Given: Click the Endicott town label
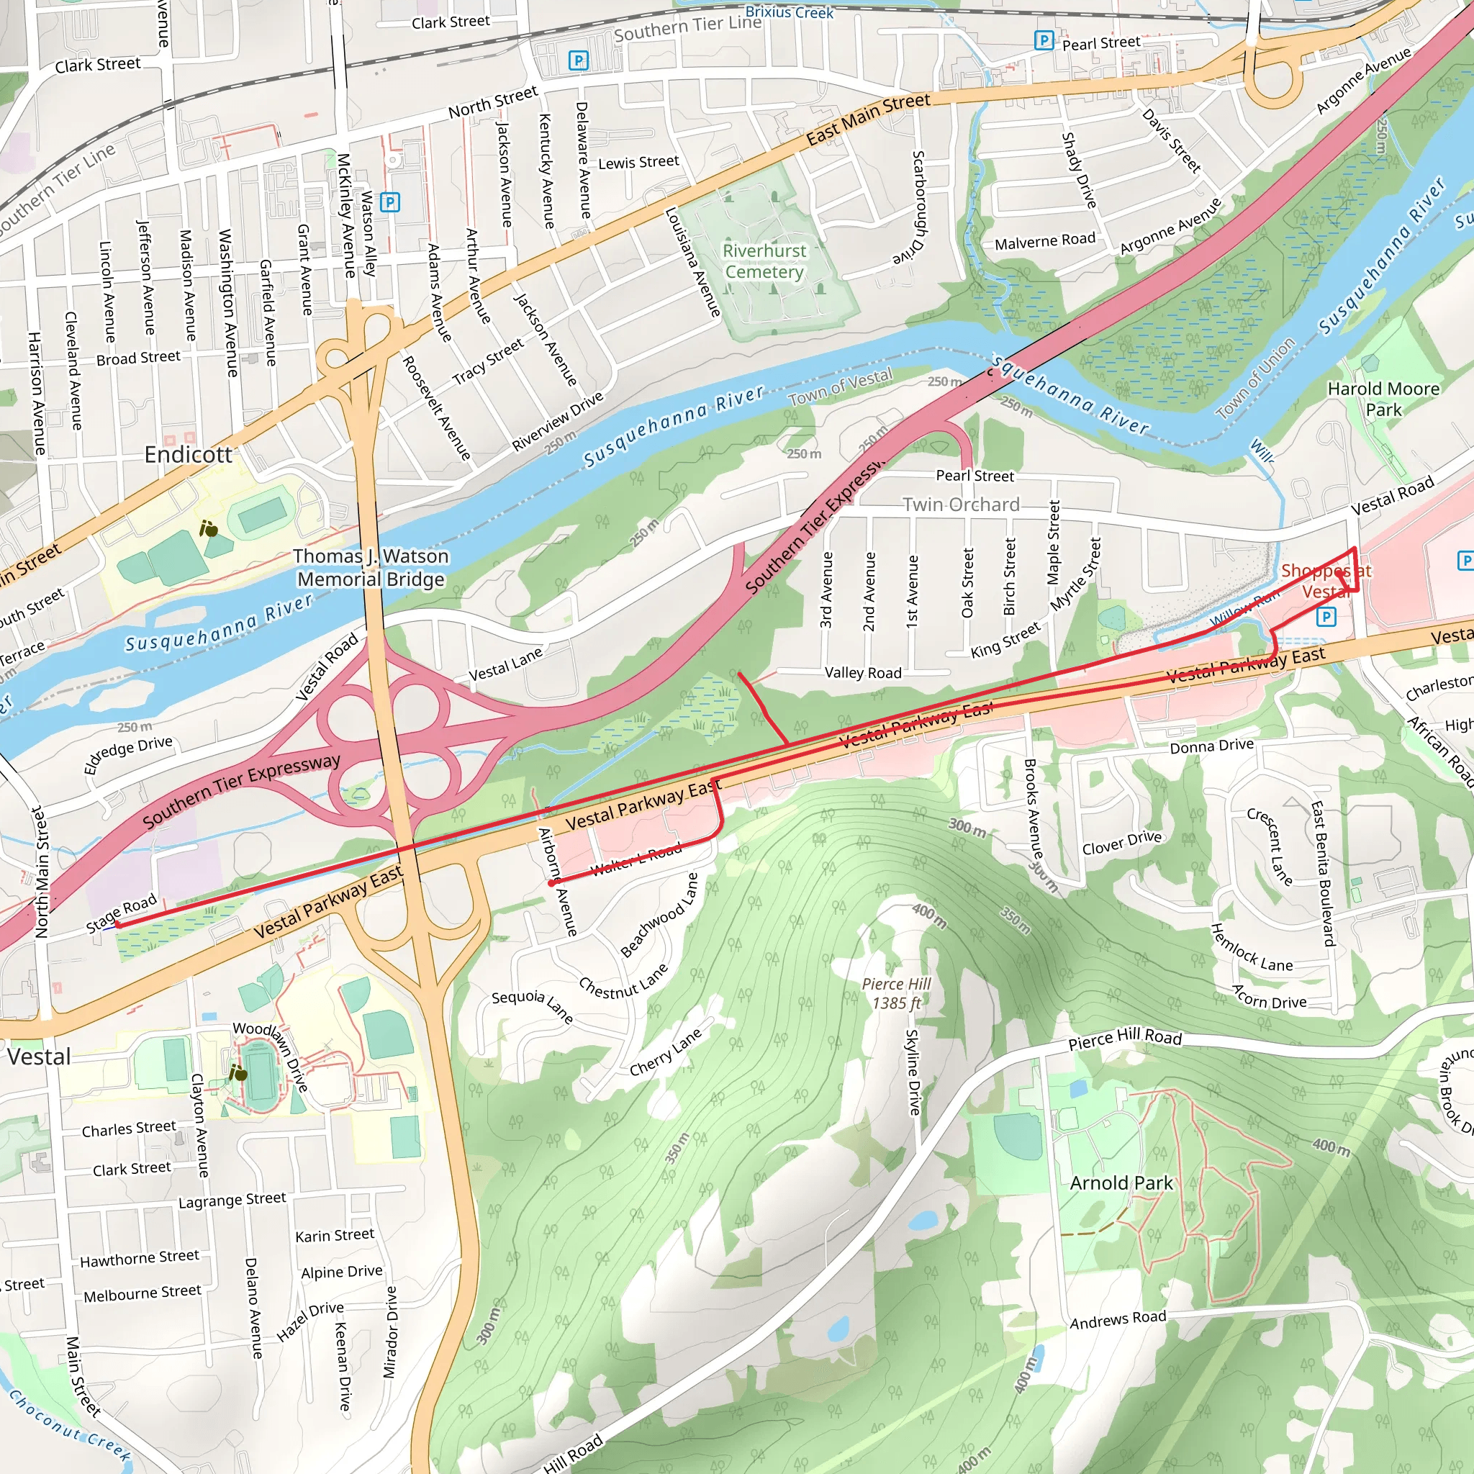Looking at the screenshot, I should (x=188, y=455).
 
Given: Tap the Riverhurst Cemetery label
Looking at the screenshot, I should (x=764, y=261).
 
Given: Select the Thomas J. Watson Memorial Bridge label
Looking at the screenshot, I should (x=371, y=568).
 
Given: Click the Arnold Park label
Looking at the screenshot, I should (x=1121, y=1183).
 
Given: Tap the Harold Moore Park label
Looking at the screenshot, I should (x=1383, y=399).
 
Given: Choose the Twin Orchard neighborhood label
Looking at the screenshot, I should (x=961, y=505).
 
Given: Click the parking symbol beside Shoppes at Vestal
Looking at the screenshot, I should (x=1326, y=617).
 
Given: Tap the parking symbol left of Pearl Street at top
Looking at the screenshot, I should (x=1044, y=40).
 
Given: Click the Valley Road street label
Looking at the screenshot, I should (x=863, y=672).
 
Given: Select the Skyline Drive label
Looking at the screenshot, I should (x=913, y=1072).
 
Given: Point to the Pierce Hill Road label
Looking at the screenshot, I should (x=1125, y=1039).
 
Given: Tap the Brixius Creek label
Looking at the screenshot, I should (x=789, y=12).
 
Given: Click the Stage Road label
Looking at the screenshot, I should (x=122, y=913).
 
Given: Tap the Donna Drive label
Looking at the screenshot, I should (x=1211, y=746).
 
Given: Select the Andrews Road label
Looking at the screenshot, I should (x=1118, y=1319).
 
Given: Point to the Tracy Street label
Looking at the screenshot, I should (x=488, y=361).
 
